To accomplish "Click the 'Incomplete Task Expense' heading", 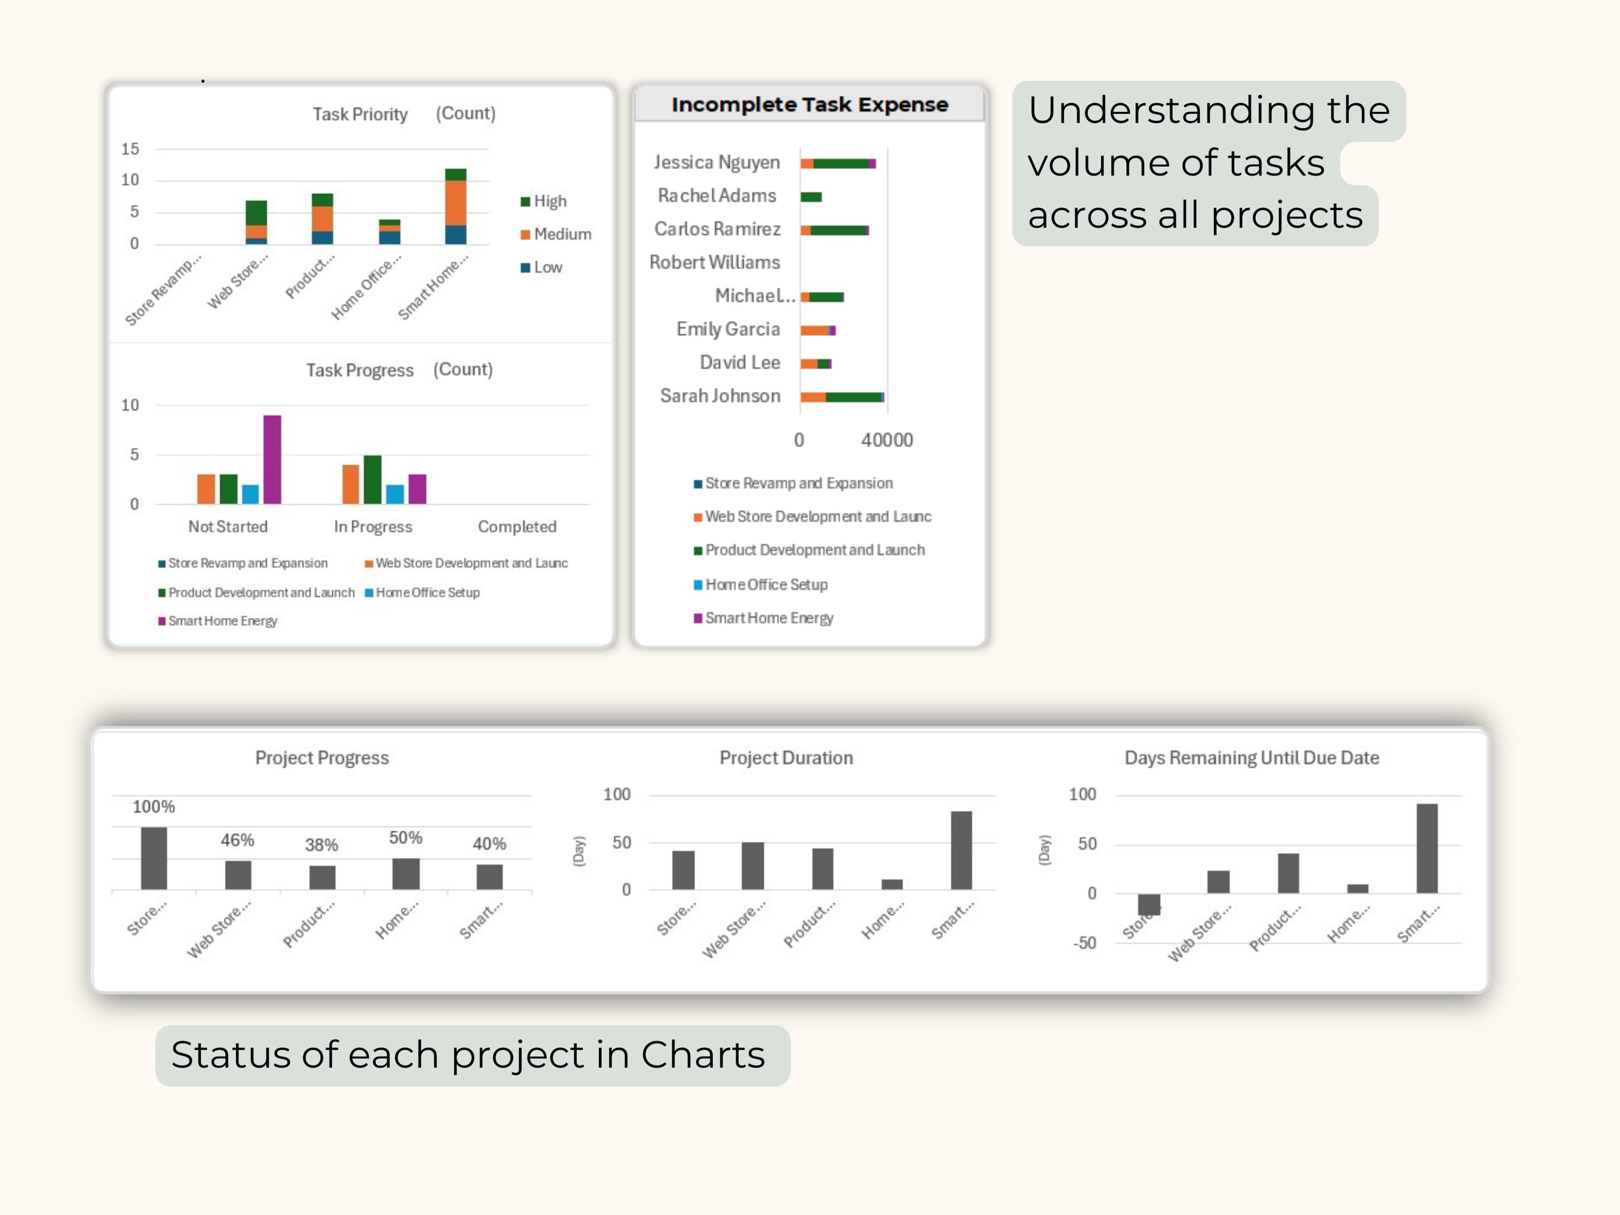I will (809, 105).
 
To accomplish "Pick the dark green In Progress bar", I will (372, 480).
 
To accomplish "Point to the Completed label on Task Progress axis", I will (517, 526).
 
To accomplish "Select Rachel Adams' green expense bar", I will (811, 197).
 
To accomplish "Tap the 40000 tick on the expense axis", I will (886, 440).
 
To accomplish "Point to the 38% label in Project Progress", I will (321, 845).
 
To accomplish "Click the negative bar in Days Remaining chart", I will (1149, 905).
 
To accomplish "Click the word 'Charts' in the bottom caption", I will (703, 1055).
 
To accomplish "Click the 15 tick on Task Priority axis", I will (130, 148).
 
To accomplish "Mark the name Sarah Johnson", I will (720, 396).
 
